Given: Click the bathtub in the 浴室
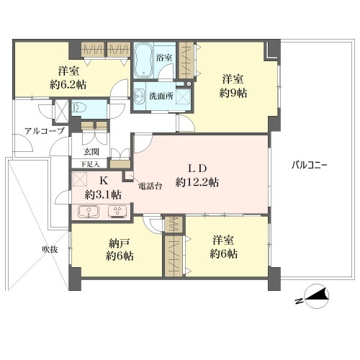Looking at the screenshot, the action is (x=143, y=60).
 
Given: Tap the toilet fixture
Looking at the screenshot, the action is (x=78, y=108).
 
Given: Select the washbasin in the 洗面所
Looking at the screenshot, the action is (x=140, y=96).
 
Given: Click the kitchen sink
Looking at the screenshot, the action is (x=89, y=212).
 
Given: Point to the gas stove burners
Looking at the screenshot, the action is (x=118, y=212).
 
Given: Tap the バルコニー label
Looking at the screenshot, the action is (x=310, y=166).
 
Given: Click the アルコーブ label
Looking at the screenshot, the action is (x=45, y=131).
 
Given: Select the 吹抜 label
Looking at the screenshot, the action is (x=50, y=250).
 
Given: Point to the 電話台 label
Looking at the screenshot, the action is (x=150, y=186).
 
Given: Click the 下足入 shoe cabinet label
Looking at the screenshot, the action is (x=89, y=164).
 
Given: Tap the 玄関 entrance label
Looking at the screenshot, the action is (x=91, y=152).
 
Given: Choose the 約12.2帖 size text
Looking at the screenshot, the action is (x=197, y=182).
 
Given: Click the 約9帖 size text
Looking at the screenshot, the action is (x=233, y=93).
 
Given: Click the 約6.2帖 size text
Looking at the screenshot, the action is (x=68, y=84).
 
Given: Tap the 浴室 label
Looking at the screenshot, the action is (x=164, y=58).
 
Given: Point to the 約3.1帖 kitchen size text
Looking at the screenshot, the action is (x=103, y=195).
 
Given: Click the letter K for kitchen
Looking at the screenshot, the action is (x=104, y=181).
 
